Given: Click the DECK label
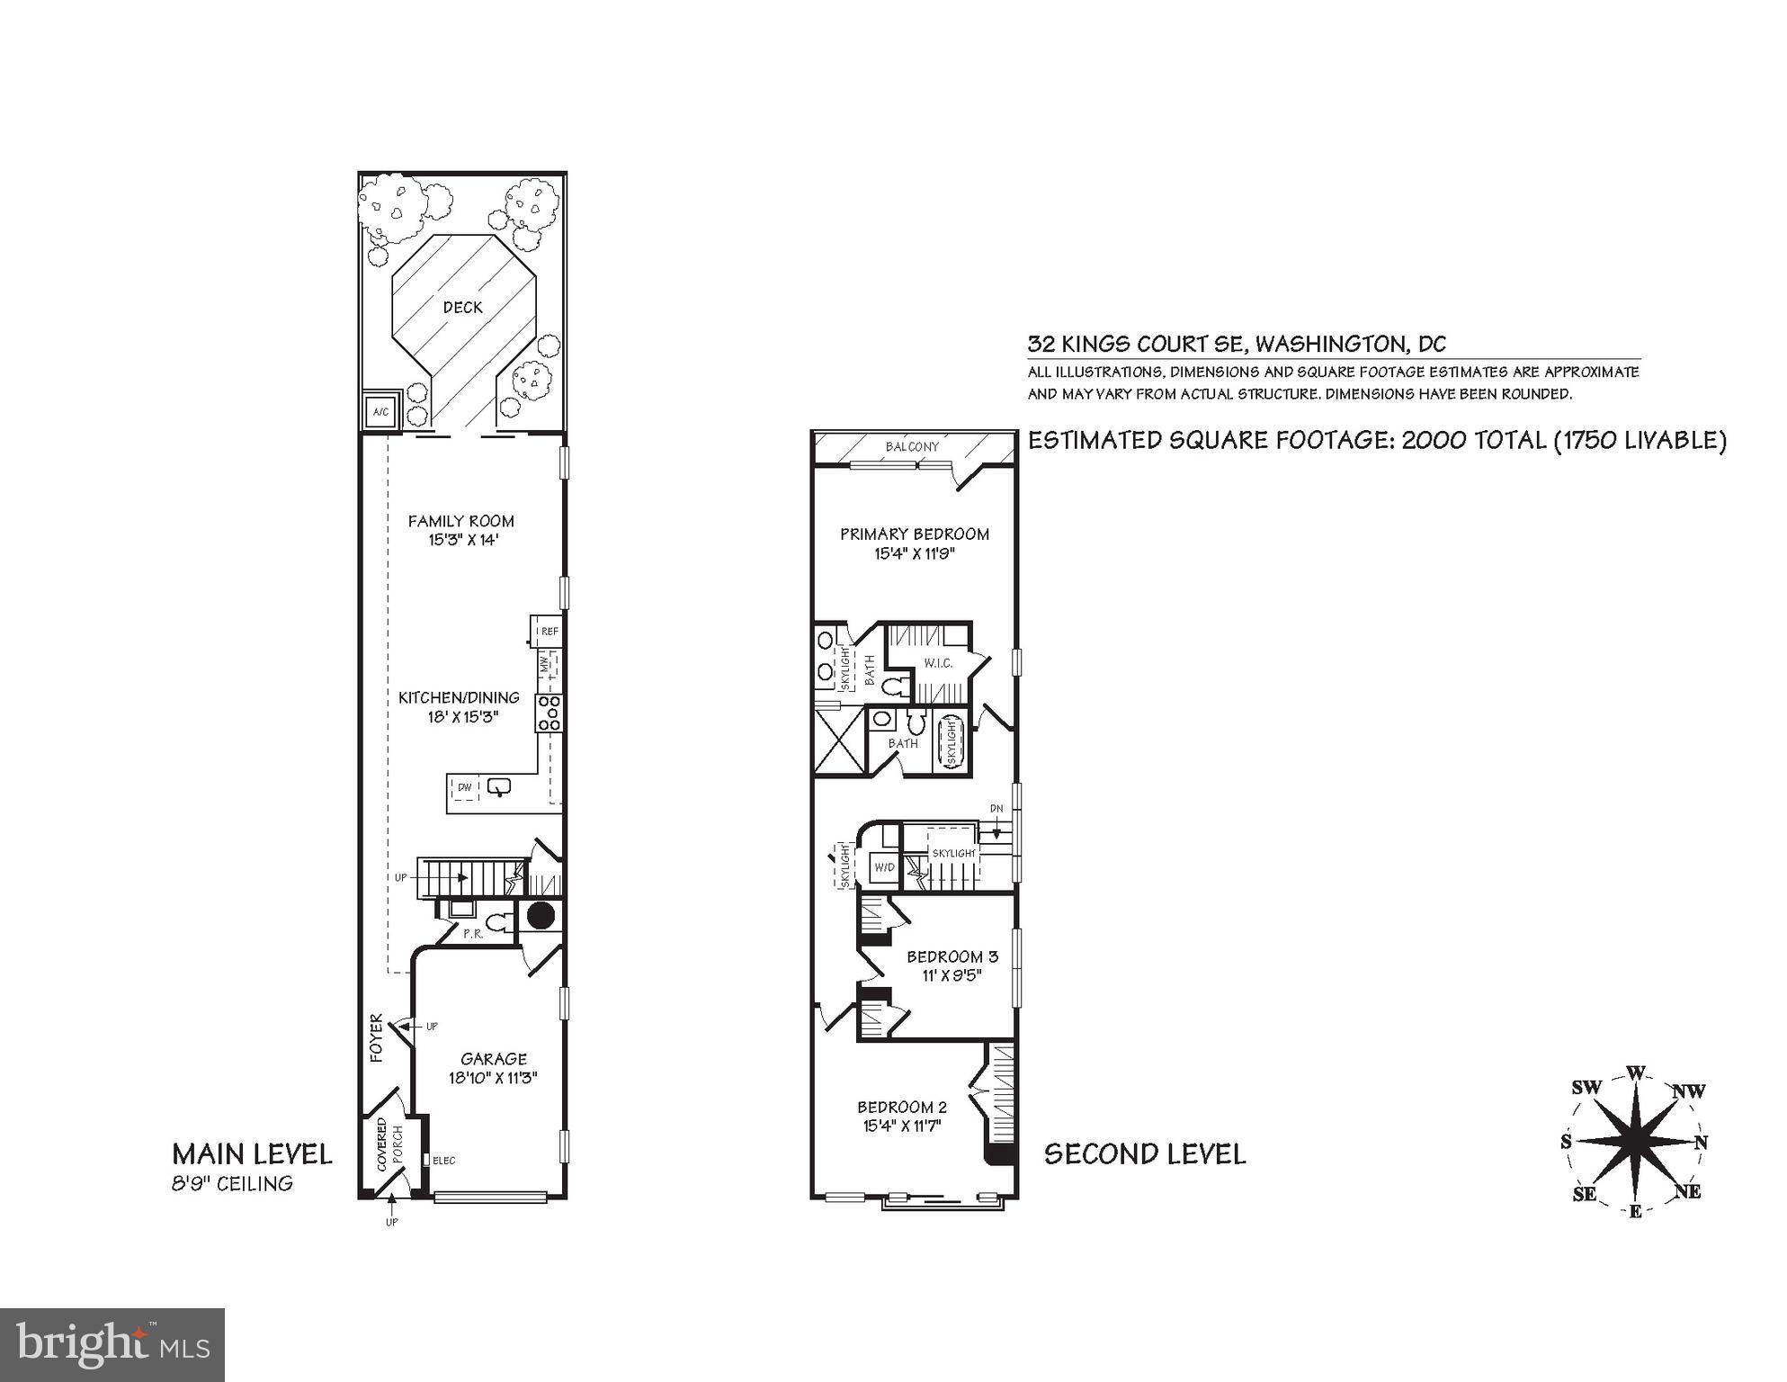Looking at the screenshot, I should [462, 308].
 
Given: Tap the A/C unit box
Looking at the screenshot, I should [380, 413].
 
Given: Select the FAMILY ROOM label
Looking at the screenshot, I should [460, 521].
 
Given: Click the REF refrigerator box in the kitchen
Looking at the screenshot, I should [548, 632].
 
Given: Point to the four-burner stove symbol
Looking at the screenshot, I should [549, 713].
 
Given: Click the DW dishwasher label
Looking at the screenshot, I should [465, 788].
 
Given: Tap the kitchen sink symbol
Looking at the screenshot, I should [499, 788].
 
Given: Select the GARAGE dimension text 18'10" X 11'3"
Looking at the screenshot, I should [493, 1079].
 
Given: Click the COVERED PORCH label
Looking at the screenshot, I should [389, 1144].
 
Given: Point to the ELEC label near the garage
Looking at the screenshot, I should [443, 1161].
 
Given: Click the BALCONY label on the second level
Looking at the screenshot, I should [912, 447].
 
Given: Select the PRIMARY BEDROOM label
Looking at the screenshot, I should [914, 534].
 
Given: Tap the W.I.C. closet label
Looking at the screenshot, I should [937, 664].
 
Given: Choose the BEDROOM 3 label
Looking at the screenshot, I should [952, 956].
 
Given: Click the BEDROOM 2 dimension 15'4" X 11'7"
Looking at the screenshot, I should [901, 1126].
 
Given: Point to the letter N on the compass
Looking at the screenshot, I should [1701, 1143].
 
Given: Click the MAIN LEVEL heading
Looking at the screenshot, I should [252, 1154].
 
